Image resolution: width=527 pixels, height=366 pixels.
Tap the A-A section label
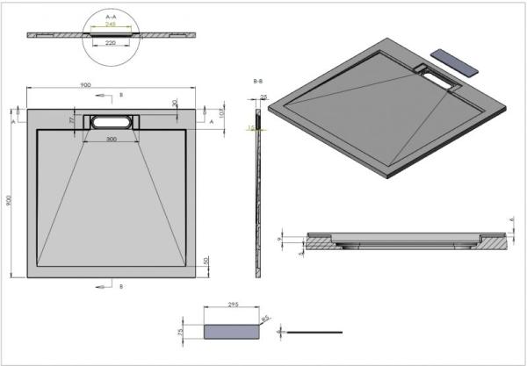tap(111, 16)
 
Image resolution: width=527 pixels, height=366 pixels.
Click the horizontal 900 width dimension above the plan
tap(85, 85)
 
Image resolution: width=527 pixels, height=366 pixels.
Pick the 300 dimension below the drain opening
tap(111, 139)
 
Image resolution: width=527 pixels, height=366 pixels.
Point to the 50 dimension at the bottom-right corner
tap(206, 261)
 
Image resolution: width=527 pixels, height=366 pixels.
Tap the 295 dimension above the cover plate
tap(233, 305)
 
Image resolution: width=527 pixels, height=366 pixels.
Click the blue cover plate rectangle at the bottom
tap(233, 330)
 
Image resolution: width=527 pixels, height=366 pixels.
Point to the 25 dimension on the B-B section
tap(263, 97)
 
